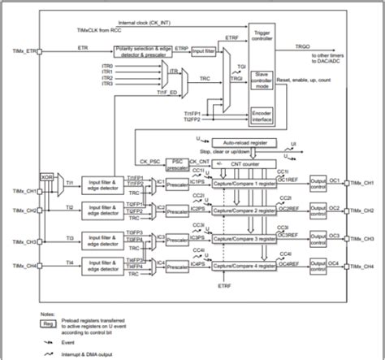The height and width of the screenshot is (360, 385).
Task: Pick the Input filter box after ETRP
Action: coord(203,51)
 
